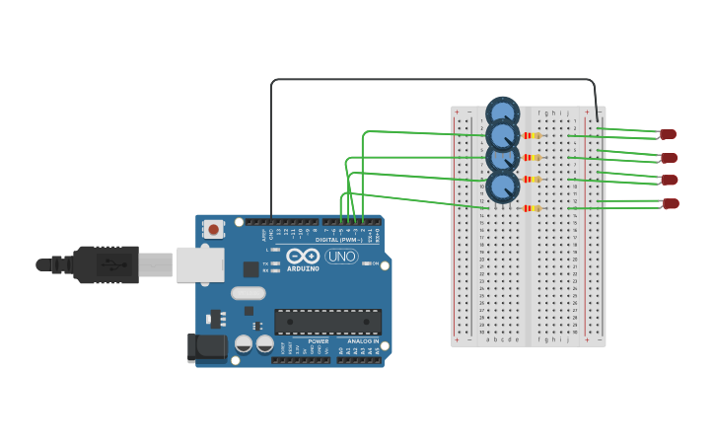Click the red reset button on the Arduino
(213, 229)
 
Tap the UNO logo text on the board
(341, 257)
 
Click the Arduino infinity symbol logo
(303, 256)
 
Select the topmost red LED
(668, 134)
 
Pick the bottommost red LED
(671, 203)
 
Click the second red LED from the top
(669, 158)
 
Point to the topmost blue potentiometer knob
(503, 112)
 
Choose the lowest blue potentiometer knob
(503, 186)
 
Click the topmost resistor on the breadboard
(532, 135)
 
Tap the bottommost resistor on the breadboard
(532, 208)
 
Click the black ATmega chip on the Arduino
(327, 322)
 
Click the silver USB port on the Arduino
(200, 264)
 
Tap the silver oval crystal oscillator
(249, 292)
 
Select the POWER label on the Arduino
(318, 341)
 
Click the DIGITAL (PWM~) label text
(337, 240)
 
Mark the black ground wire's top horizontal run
(434, 80)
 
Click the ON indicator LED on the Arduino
(367, 263)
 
